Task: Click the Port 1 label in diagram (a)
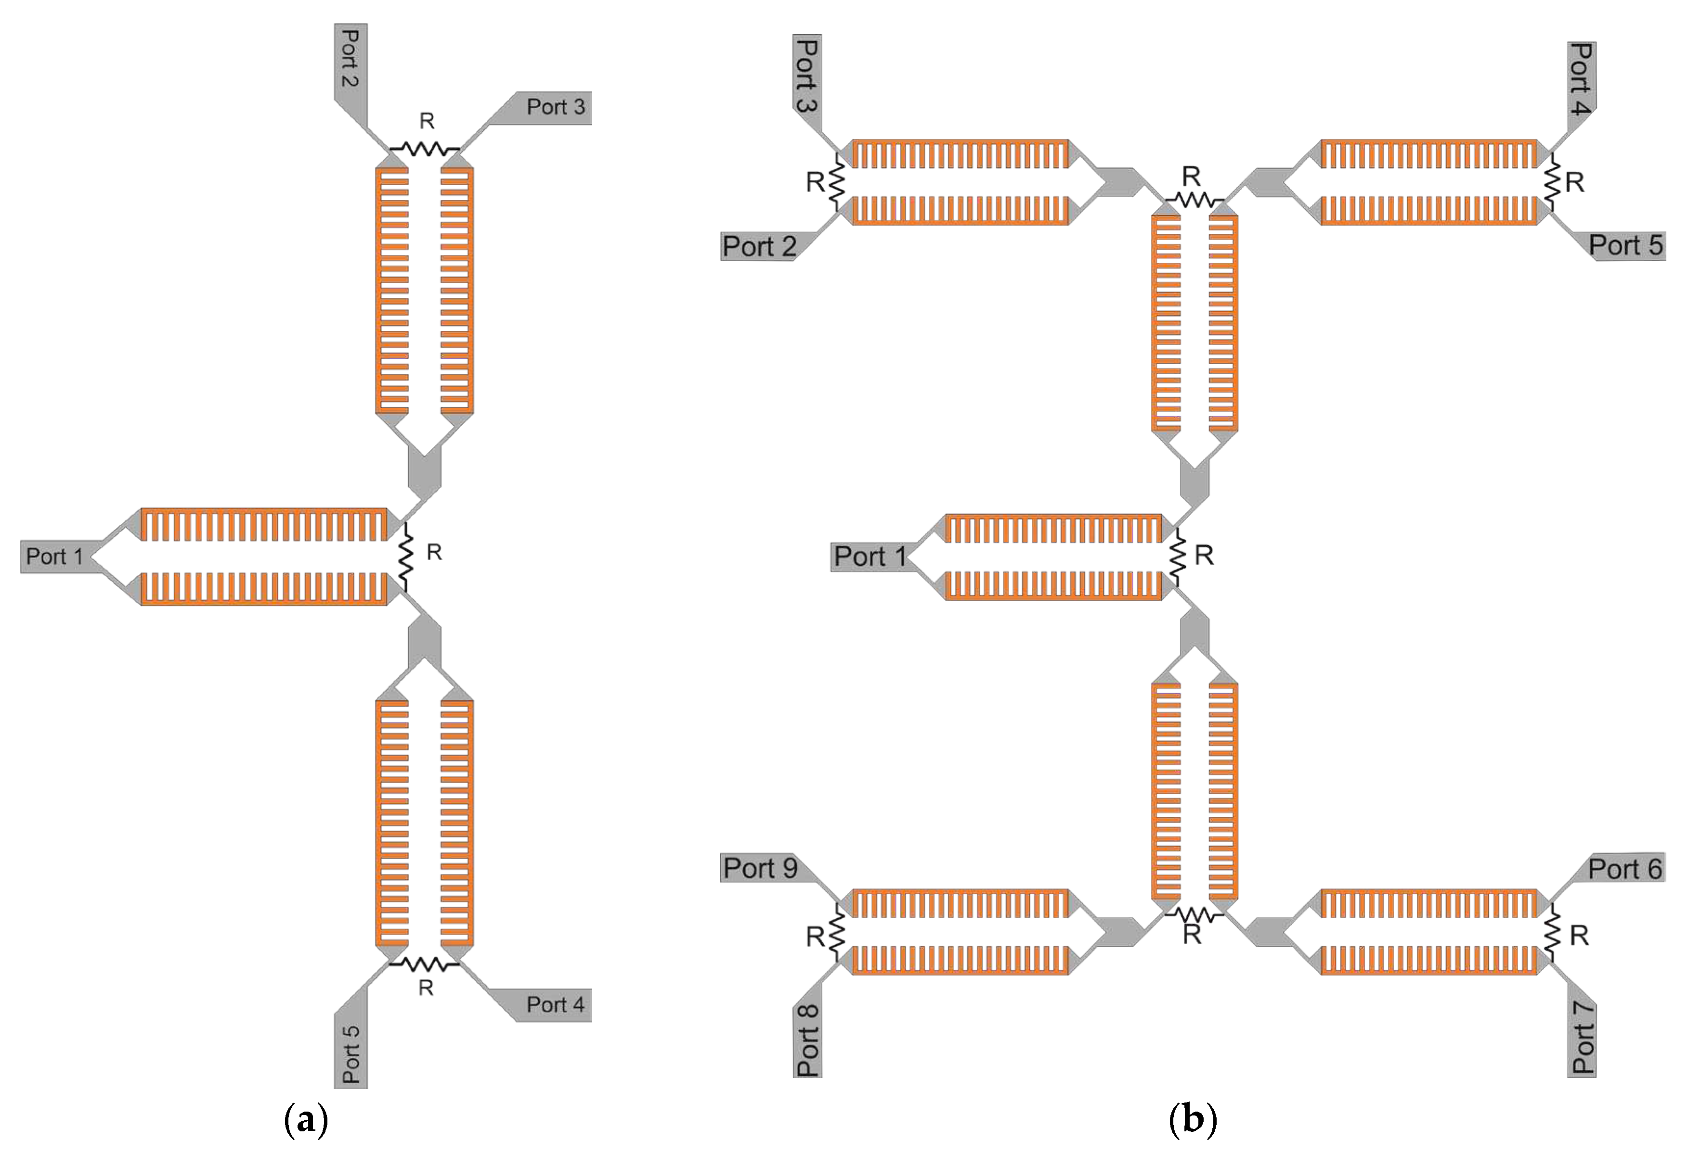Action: point(55,557)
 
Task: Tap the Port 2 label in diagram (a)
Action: point(351,58)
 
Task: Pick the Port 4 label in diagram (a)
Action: point(555,1005)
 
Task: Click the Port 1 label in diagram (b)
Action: point(869,557)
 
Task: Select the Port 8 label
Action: point(808,1040)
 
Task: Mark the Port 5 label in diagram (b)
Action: point(1626,245)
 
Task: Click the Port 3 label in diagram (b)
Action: point(807,75)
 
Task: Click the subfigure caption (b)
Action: point(1192,1120)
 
